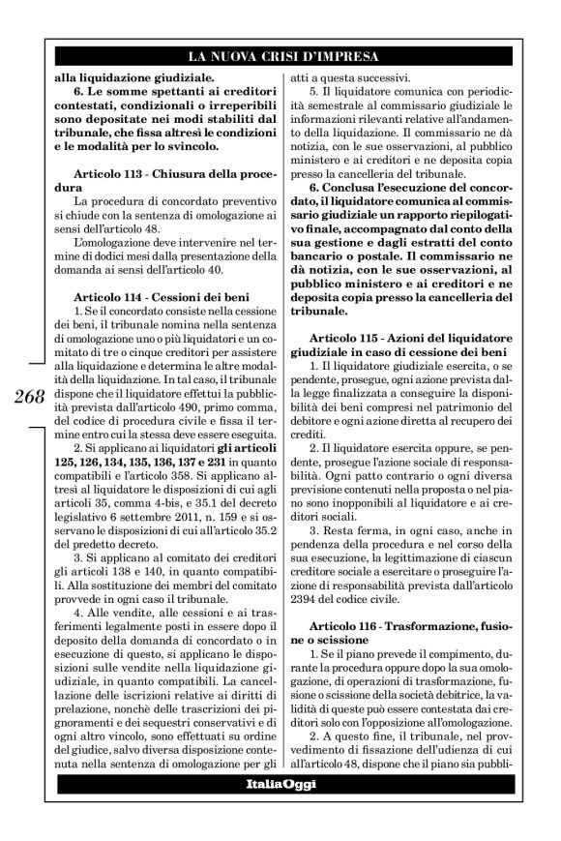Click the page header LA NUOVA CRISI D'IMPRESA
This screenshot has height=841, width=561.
click(x=280, y=55)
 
